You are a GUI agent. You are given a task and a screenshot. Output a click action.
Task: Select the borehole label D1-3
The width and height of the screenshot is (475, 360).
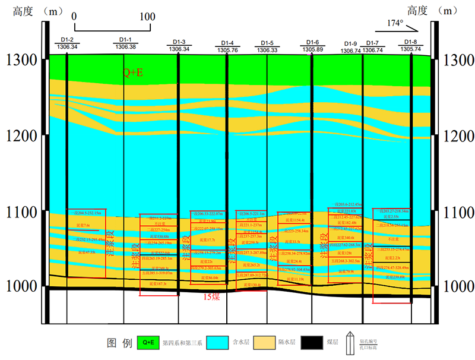pos(179,42)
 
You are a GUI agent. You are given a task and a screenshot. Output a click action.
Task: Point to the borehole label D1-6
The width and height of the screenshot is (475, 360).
pos(312,42)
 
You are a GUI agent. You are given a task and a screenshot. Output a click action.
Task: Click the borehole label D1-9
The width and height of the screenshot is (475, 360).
pos(350,44)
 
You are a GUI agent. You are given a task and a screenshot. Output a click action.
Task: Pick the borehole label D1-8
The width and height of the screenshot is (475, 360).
pos(411,42)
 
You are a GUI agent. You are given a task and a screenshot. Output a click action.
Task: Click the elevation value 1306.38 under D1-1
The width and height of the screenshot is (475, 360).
pos(125,47)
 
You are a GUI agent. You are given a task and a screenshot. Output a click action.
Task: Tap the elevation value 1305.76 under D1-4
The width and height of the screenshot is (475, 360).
pos(227,50)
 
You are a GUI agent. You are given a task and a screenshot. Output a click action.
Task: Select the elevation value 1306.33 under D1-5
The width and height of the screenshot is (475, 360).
pos(267,50)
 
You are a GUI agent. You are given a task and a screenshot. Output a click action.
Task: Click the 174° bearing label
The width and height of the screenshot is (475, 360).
pos(395,23)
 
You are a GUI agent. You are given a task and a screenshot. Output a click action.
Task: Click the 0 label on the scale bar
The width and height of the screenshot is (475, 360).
pos(74,17)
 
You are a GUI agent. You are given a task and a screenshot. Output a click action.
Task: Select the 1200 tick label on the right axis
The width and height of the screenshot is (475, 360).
pos(458,136)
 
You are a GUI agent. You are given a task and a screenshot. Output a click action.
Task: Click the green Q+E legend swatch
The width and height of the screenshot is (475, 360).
pos(148,343)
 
